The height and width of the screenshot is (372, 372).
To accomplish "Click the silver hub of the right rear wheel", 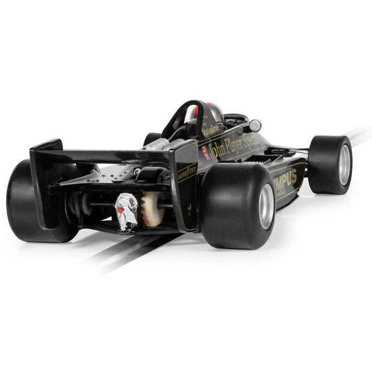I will pos(267,206).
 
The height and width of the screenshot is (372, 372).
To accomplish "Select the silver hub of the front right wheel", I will pos(344,164).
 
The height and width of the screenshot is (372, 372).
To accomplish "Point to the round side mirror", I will pos(255,126).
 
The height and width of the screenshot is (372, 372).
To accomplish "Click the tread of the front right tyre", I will pos(322,164).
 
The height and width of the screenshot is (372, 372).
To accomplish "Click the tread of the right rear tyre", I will pos(229,205).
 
